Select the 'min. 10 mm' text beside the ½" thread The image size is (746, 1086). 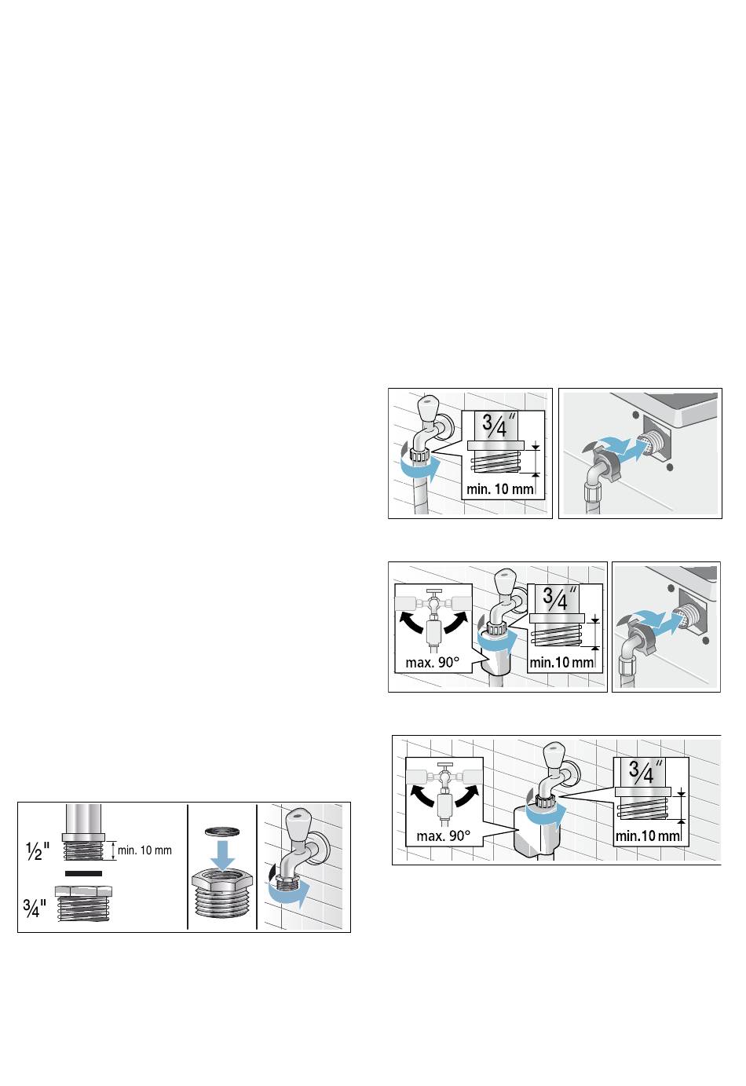pos(144,850)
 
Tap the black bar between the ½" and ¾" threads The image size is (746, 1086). pos(83,874)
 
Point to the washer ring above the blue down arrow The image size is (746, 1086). pos(222,832)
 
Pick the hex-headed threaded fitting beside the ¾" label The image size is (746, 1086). pos(83,903)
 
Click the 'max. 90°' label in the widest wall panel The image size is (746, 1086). pos(444,836)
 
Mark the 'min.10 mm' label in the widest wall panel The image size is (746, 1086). pos(647,836)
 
